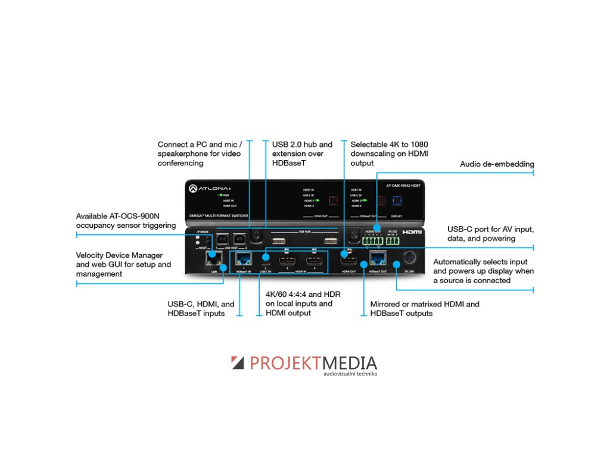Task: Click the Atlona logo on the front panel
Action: coord(206,188)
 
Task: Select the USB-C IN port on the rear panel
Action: coord(264,260)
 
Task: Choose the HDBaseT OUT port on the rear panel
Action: coord(376,257)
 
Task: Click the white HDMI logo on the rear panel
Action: coord(412,232)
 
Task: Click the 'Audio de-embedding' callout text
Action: coord(497,164)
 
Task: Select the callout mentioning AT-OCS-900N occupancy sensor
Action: coord(126,221)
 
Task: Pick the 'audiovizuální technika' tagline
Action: coord(350,374)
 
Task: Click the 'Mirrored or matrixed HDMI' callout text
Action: coord(424,308)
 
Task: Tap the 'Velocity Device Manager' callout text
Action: coord(123,264)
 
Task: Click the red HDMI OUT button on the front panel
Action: coord(333,201)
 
